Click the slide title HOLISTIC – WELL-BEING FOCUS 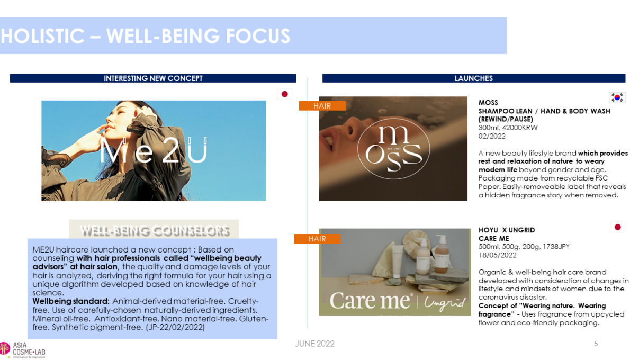click(x=146, y=36)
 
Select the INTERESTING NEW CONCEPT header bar click(x=153, y=78)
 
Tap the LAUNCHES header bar click(x=474, y=78)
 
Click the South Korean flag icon click(x=617, y=97)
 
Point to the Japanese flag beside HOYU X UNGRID click(x=617, y=227)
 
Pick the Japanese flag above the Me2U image click(x=284, y=94)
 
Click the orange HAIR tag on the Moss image click(x=322, y=106)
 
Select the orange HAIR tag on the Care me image click(x=317, y=239)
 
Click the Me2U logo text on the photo click(x=153, y=150)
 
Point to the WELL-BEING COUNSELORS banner click(x=154, y=230)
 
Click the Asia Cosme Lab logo click(x=22, y=350)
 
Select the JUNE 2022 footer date click(x=314, y=344)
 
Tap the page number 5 click(x=596, y=344)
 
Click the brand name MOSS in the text click(x=488, y=103)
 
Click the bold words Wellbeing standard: click(x=71, y=301)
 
